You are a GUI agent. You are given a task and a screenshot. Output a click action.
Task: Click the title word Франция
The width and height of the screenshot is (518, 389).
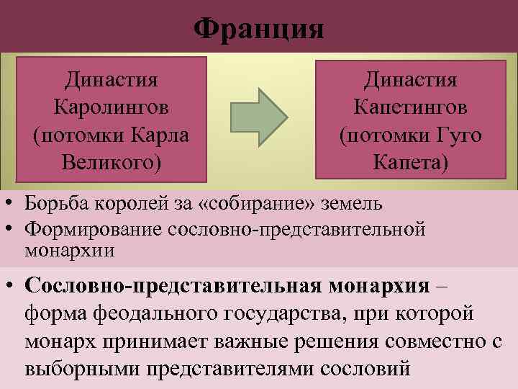[x=259, y=30]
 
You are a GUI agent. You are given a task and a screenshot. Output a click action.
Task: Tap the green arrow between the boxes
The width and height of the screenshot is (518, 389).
[x=258, y=117]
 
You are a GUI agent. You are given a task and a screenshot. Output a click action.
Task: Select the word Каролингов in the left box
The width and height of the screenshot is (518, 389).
[x=112, y=107]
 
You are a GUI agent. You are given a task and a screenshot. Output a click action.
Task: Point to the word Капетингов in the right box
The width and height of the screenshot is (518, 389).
[x=411, y=107]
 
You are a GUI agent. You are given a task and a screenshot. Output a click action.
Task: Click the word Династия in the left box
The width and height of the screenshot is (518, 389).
[x=112, y=79]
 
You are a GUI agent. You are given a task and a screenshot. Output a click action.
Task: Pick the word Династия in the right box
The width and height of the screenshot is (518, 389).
[x=411, y=79]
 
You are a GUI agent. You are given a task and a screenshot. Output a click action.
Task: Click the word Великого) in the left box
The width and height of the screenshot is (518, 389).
[x=112, y=162]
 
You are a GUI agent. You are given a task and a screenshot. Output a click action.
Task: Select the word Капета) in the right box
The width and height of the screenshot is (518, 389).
[x=411, y=162]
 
